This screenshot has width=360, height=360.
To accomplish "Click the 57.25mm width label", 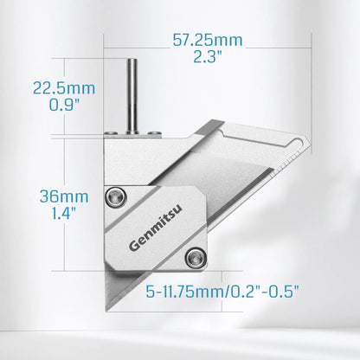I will click(207, 41).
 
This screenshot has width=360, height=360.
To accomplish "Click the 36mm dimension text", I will click(56, 196).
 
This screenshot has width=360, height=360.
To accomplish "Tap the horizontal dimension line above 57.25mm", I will click(207, 32).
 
